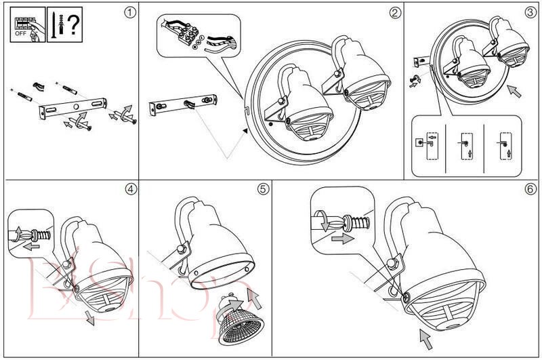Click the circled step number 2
(x=394, y=12)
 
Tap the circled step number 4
(x=130, y=188)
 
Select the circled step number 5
(x=263, y=188)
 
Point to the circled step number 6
(x=530, y=188)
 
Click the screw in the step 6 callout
(x=352, y=221)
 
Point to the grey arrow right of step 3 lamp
(x=515, y=90)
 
